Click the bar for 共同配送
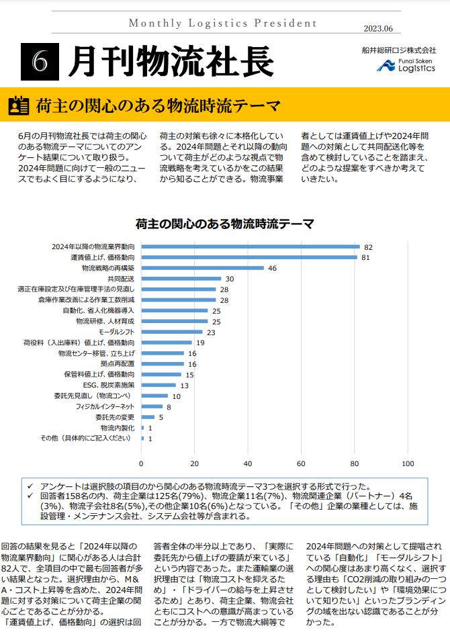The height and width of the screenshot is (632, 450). tap(181, 279)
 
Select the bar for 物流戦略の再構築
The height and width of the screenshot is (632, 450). tap(203, 268)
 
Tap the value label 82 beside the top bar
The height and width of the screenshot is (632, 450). tap(368, 247)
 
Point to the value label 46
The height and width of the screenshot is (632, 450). tap(272, 268)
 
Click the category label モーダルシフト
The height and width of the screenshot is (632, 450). tap(116, 332)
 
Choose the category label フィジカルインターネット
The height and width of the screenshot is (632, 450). tap(105, 407)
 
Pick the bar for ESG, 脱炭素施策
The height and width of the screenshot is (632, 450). tap(159, 386)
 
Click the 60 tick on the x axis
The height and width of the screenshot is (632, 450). tap(301, 463)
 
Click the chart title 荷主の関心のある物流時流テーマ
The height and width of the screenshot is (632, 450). tap(225, 224)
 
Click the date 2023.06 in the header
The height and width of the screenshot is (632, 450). tap(382, 28)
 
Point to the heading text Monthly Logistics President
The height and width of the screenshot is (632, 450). tap(222, 24)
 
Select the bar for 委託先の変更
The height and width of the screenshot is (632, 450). tap(148, 418)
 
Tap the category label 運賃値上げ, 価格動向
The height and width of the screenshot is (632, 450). tap(102, 257)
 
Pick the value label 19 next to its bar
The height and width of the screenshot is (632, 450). tap(200, 343)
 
